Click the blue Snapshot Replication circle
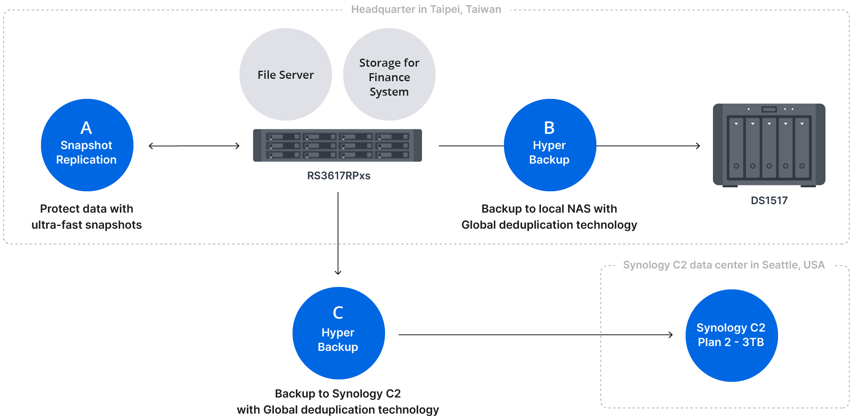point(87,145)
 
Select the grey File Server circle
point(286,74)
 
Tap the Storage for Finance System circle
point(389,74)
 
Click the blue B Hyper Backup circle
point(550,145)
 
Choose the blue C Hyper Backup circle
point(338,333)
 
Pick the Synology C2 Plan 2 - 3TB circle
point(731,336)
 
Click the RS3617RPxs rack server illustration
point(337,145)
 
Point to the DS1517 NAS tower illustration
point(769,145)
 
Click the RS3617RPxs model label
point(339,176)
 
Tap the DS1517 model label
point(769,201)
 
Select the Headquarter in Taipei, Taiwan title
point(426,9)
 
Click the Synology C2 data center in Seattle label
point(724,265)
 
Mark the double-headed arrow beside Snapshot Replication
point(194,146)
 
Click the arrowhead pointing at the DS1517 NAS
point(698,146)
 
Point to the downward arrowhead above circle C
point(338,273)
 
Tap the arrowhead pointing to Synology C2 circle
point(671,335)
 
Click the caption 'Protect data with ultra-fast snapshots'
point(87,217)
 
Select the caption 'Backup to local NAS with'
point(549,209)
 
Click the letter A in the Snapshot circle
point(86,128)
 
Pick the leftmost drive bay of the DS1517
point(736,147)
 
